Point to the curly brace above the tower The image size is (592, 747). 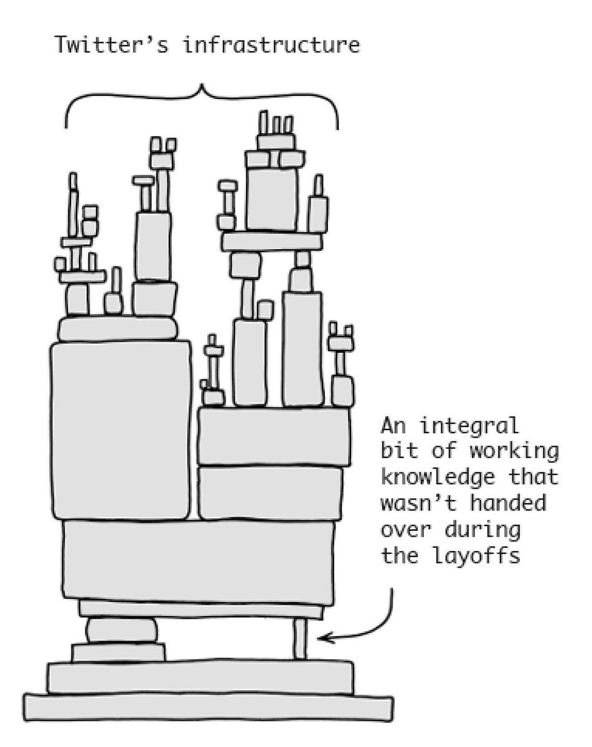click(x=202, y=100)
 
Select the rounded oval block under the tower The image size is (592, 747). click(x=121, y=631)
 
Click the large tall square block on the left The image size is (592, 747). click(x=121, y=430)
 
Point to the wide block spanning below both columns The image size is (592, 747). click(x=198, y=560)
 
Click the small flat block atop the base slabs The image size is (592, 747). click(x=118, y=652)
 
